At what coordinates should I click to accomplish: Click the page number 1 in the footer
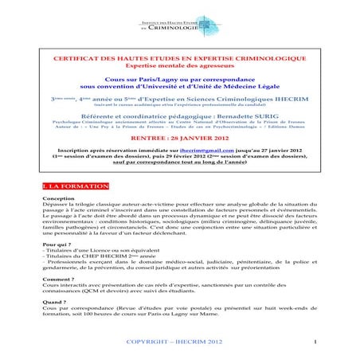(316, 342)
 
